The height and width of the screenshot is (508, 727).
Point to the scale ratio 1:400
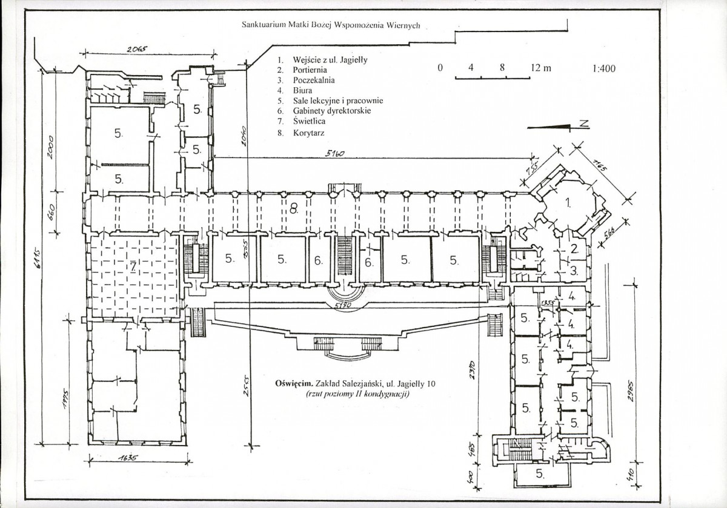coord(602,68)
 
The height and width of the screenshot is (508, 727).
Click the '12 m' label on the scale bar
coord(540,68)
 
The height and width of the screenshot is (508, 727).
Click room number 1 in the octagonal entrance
coord(568,203)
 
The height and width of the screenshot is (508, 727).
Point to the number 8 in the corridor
coord(294,209)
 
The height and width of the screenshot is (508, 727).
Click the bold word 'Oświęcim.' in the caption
coord(293,383)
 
